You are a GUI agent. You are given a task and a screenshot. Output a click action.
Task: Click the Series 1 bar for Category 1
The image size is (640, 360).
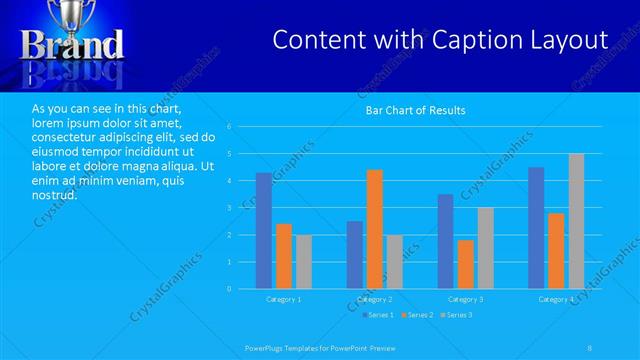coord(264,231)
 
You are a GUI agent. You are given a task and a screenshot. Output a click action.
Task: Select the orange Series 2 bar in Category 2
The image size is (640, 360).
coord(374,229)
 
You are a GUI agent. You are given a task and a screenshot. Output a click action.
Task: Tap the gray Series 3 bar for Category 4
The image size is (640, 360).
coord(576,221)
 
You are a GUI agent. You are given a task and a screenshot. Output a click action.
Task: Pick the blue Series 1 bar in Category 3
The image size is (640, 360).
coord(445,241)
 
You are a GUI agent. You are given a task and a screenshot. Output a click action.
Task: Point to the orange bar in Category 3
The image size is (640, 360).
coord(465,264)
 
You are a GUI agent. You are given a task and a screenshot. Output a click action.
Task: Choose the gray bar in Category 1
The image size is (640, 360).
coord(303,262)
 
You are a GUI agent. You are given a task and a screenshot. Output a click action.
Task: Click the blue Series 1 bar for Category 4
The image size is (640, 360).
coord(536,228)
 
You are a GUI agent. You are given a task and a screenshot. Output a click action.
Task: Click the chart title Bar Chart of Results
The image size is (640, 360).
coord(415,110)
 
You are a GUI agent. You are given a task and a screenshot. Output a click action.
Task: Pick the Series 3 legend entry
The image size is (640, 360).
coord(455,315)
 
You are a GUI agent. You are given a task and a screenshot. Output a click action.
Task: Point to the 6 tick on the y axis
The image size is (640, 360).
coord(229,127)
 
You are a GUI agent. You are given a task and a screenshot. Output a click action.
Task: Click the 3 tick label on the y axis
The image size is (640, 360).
coord(229,208)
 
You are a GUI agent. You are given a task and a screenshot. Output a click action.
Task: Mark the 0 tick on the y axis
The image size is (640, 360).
coord(229,289)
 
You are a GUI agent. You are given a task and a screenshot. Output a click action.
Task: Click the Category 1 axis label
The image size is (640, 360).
coord(283,299)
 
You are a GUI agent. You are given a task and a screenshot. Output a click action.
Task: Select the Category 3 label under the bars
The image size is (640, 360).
coord(465,299)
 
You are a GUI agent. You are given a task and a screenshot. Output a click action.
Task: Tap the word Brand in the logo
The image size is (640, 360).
coord(73,44)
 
